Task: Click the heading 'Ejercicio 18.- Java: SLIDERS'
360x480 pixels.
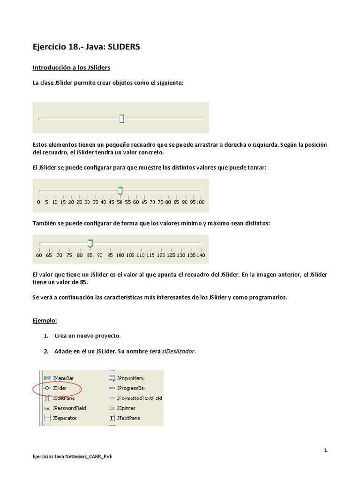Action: coord(86,47)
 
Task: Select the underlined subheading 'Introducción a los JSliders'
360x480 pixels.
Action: coord(71,68)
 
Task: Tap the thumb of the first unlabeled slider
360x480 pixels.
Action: coord(121,119)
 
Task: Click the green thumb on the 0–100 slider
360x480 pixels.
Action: coord(120,190)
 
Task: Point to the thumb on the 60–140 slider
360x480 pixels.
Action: coord(90,243)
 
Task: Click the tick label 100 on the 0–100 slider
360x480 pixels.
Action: coord(201,202)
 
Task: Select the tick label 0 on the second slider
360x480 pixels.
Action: coord(38,202)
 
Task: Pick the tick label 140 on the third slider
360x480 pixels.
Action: coord(201,255)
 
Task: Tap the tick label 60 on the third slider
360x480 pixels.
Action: coord(39,255)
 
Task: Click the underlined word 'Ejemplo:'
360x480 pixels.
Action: coord(45,321)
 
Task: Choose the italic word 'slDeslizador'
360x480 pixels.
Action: coord(178,352)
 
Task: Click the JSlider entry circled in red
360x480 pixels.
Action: coord(59,388)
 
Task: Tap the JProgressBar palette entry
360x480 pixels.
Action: coord(131,388)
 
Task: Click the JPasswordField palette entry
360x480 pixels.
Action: coord(69,408)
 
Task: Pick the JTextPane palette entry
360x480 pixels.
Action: coord(128,418)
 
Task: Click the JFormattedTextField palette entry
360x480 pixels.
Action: coord(139,398)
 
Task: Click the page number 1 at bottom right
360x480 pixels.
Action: coord(325,450)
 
